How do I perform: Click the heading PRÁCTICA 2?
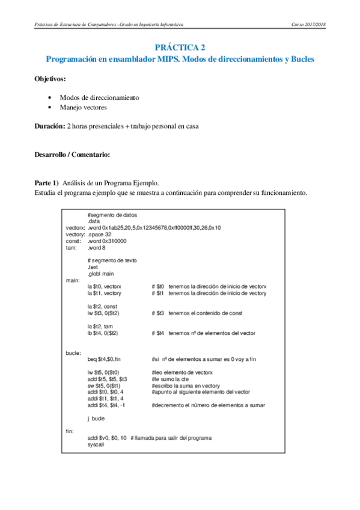coord(180,47)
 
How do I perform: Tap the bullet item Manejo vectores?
coord(83,108)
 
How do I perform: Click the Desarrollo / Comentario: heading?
coord(72,155)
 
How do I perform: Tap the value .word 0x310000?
coord(109,241)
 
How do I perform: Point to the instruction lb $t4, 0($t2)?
coord(111,332)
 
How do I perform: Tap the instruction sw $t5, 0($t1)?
coord(109,386)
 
